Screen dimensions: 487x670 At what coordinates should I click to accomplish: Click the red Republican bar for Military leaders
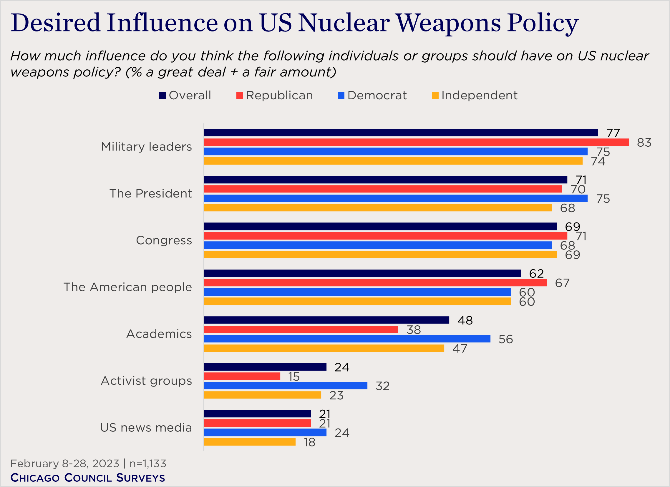pos(416,142)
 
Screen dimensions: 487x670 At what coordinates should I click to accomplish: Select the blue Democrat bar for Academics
pos(347,339)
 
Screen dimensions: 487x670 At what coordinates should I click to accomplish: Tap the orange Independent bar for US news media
pos(250,441)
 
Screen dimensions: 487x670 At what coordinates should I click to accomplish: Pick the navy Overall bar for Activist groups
pos(265,367)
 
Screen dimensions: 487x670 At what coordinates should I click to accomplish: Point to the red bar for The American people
pos(375,282)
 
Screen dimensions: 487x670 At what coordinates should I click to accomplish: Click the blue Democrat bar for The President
pos(395,198)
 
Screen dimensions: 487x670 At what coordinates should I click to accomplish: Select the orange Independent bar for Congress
pos(380,254)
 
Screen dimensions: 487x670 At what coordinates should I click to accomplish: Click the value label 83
pos(644,143)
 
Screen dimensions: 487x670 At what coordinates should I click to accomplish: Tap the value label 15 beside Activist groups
pos(294,377)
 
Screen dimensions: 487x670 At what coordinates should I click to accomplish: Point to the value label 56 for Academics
pos(505,339)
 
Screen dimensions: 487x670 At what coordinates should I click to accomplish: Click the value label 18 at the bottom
pos(309,442)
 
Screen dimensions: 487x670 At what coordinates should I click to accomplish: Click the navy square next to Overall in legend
pos(162,95)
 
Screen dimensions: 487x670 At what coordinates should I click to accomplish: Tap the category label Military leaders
pos(146,147)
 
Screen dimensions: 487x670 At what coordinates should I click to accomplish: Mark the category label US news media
pos(146,427)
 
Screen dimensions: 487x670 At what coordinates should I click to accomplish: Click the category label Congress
pos(164,240)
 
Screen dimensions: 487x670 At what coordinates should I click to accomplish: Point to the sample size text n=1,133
pos(148,463)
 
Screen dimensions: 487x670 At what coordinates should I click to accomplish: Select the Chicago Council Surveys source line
pos(87,478)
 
